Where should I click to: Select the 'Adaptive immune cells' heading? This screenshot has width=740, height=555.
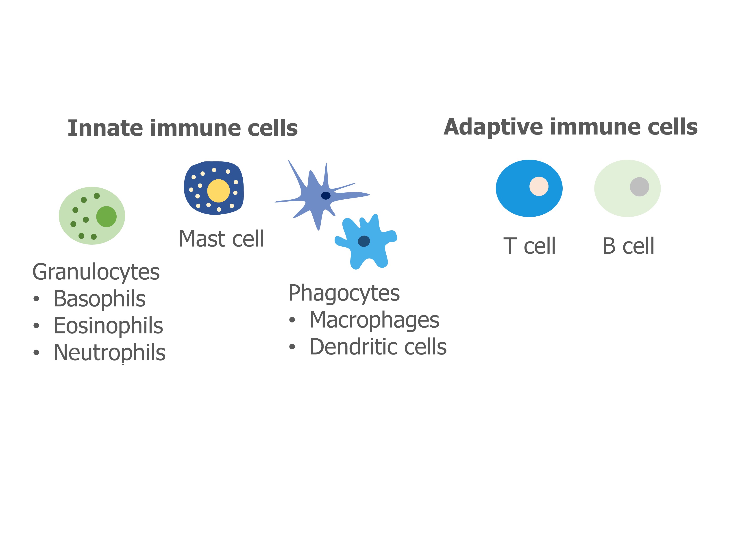click(570, 127)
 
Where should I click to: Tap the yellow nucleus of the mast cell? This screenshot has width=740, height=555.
click(218, 191)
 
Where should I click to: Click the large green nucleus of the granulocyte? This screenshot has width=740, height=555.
click(106, 216)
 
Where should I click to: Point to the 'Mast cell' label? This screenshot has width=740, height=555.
click(222, 239)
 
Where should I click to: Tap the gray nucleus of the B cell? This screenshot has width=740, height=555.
click(639, 187)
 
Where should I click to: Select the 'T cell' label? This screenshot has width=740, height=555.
click(529, 246)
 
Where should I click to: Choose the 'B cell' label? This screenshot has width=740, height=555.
click(628, 246)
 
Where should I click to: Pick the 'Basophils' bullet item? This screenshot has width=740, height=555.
click(99, 298)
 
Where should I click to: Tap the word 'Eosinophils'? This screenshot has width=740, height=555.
click(108, 326)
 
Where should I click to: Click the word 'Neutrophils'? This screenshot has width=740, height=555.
click(109, 353)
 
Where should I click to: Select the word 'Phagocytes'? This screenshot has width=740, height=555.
click(344, 293)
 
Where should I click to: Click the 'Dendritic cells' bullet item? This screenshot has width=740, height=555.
click(378, 347)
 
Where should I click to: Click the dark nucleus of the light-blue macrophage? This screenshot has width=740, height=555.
click(364, 241)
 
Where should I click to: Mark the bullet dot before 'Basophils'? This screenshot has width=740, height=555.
click(37, 299)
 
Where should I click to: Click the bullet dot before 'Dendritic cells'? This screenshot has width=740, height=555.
click(292, 347)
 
